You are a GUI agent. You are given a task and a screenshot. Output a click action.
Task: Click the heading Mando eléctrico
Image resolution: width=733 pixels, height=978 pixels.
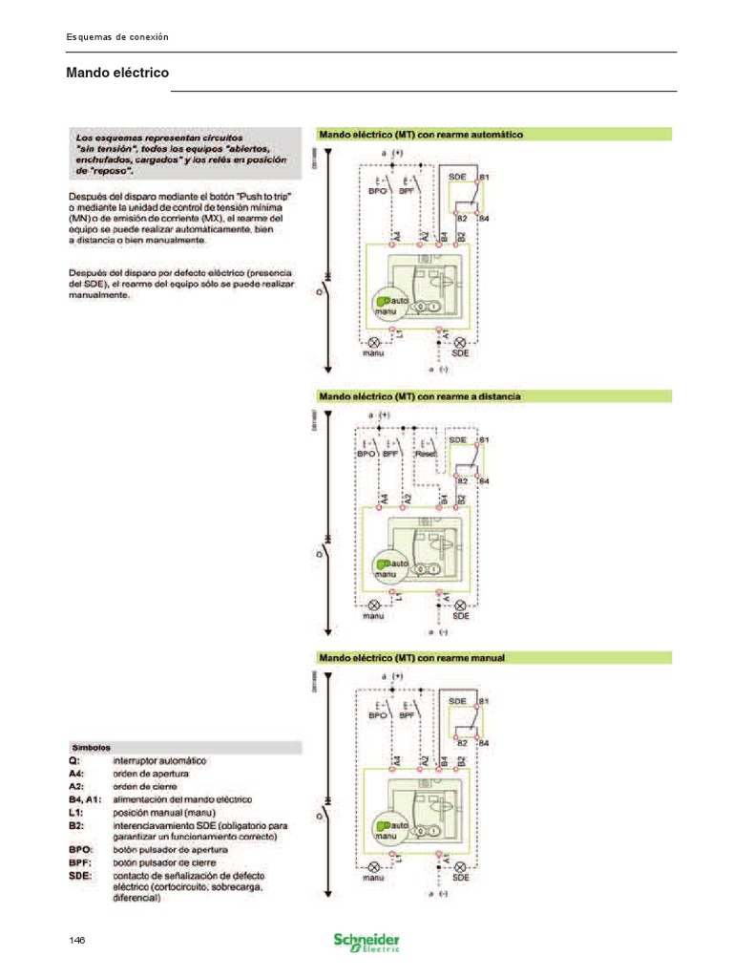pos(116,73)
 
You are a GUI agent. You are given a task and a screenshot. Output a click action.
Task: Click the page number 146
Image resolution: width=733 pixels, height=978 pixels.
pos(77,940)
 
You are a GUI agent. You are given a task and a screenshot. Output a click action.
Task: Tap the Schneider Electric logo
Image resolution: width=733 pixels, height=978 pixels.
pos(366,941)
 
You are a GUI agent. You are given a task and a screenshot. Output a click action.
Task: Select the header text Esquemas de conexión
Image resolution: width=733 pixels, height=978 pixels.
pos(116,36)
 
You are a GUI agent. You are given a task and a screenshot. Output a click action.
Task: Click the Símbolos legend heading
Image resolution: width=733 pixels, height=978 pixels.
pos(92,747)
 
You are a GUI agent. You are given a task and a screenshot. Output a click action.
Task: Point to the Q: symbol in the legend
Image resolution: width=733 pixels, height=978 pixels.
pos(73,760)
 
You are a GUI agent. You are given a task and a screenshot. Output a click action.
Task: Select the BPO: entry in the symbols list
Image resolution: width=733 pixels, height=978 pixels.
pos(80,848)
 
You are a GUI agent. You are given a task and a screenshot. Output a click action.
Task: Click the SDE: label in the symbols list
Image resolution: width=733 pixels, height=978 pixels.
pos(80,874)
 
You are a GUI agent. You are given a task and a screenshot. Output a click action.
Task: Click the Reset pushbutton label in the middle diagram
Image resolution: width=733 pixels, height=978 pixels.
pos(426,455)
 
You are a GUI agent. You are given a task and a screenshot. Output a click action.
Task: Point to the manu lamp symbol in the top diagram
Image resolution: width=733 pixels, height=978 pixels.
pos(374,342)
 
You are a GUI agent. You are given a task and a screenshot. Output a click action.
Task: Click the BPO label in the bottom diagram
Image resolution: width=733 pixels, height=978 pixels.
pos(379,714)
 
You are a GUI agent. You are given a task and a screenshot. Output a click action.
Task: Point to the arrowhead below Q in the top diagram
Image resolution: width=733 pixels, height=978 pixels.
pos(328,368)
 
